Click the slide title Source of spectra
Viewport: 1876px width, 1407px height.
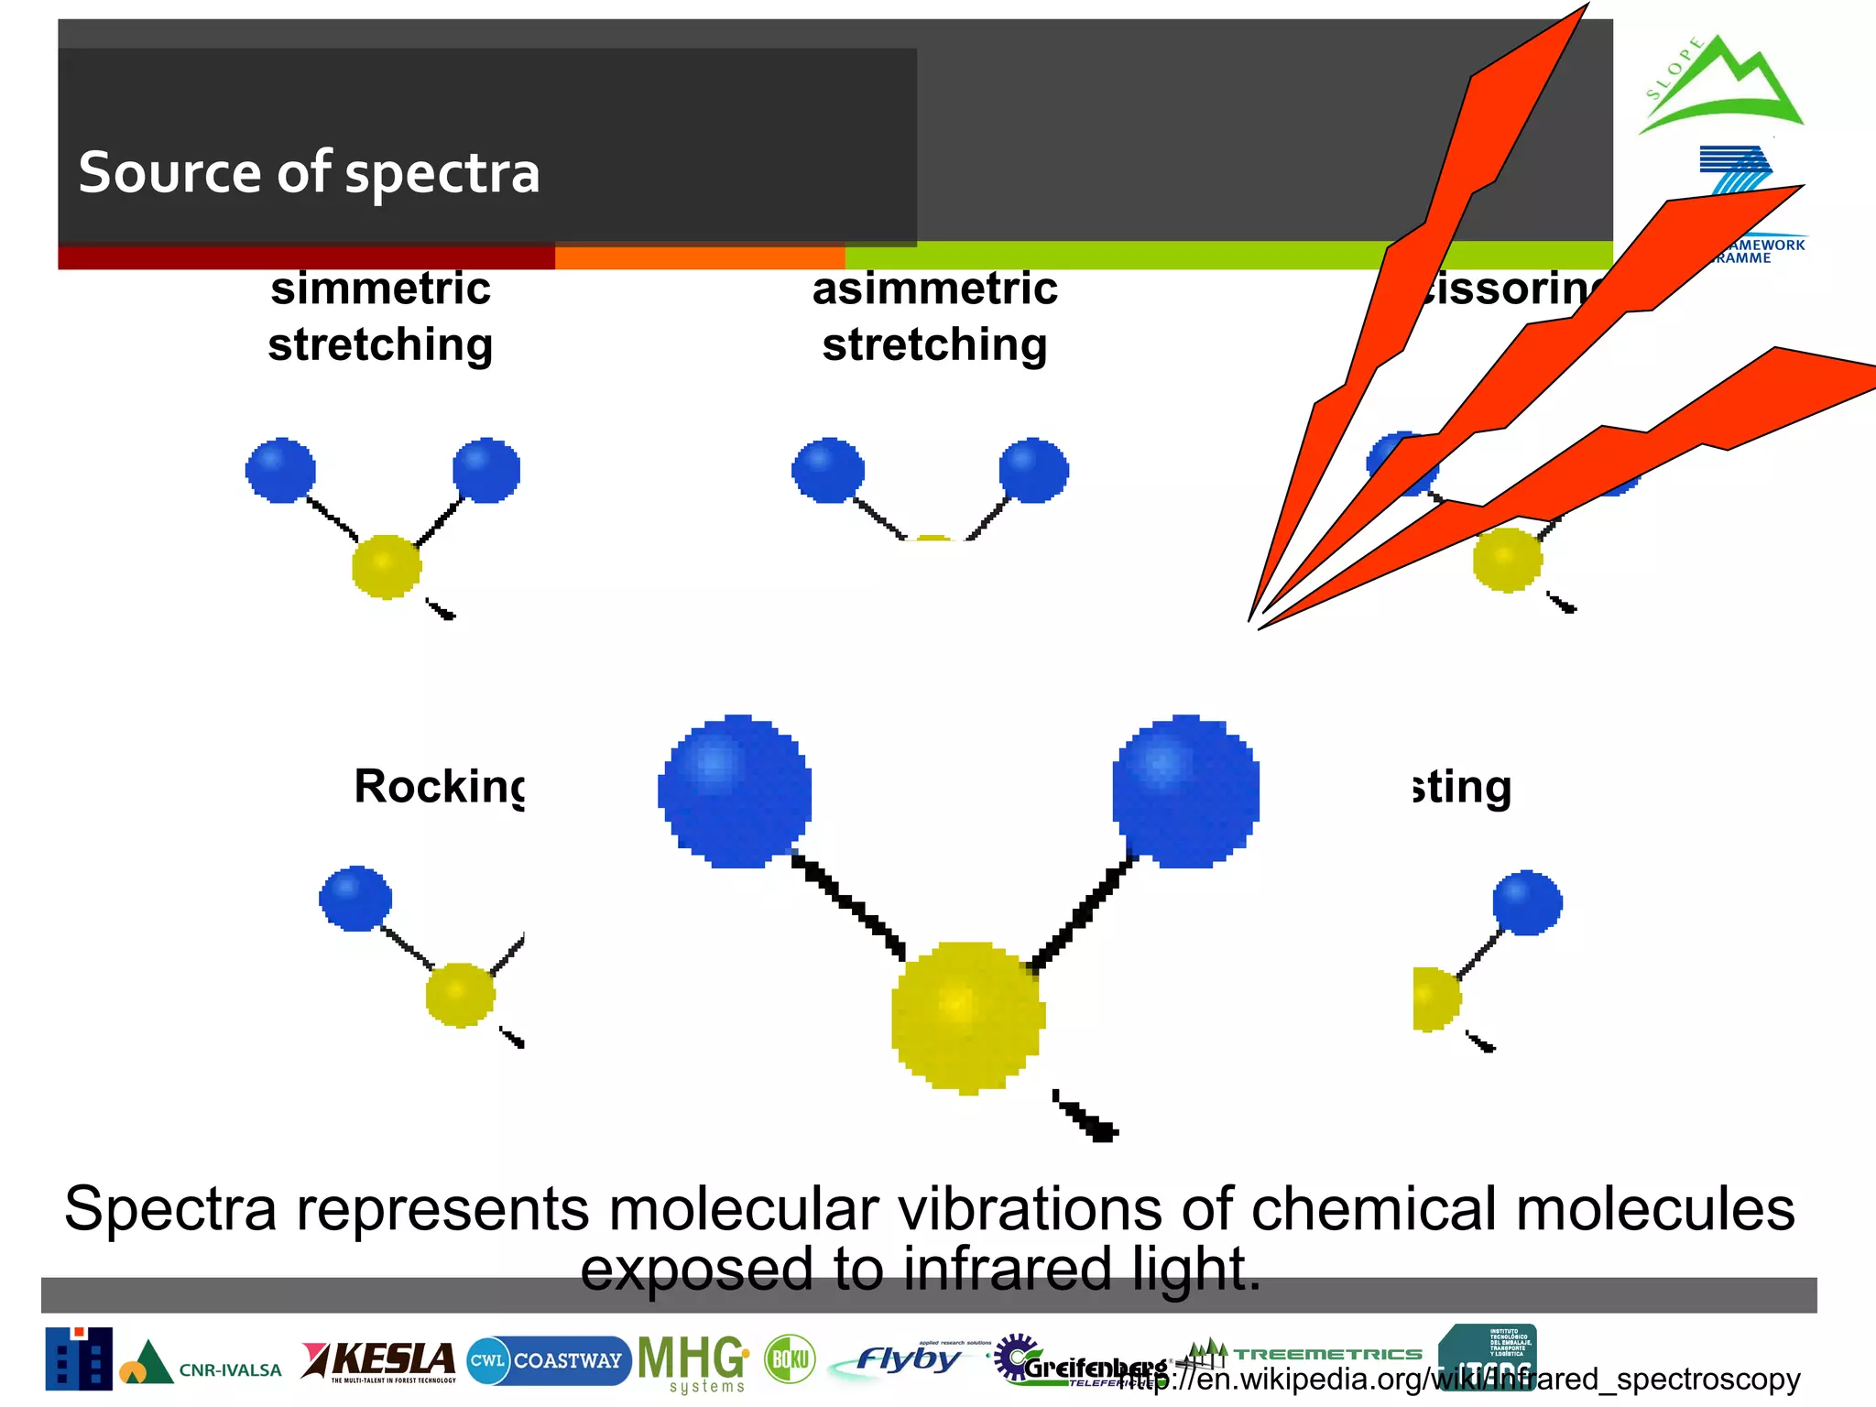click(x=309, y=172)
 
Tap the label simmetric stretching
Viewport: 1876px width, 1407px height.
click(x=380, y=316)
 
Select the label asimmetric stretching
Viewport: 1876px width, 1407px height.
click(x=934, y=316)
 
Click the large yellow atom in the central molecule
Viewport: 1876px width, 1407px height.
click(x=967, y=1017)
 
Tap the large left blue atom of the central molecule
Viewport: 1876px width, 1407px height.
click(x=735, y=791)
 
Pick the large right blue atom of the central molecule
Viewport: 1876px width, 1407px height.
click(x=1185, y=791)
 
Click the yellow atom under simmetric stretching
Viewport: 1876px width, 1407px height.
click(x=387, y=567)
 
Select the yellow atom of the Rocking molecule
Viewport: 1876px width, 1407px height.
click(x=460, y=995)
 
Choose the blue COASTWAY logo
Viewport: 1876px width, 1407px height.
click(x=548, y=1360)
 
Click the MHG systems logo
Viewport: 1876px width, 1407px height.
click(x=693, y=1362)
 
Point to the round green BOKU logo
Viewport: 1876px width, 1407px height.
click(x=790, y=1359)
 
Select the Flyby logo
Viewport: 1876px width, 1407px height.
click(x=907, y=1359)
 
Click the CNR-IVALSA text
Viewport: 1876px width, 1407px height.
click(x=230, y=1370)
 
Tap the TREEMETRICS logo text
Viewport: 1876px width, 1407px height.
click(x=1328, y=1354)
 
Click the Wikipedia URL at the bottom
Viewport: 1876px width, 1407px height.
click(x=1466, y=1380)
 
